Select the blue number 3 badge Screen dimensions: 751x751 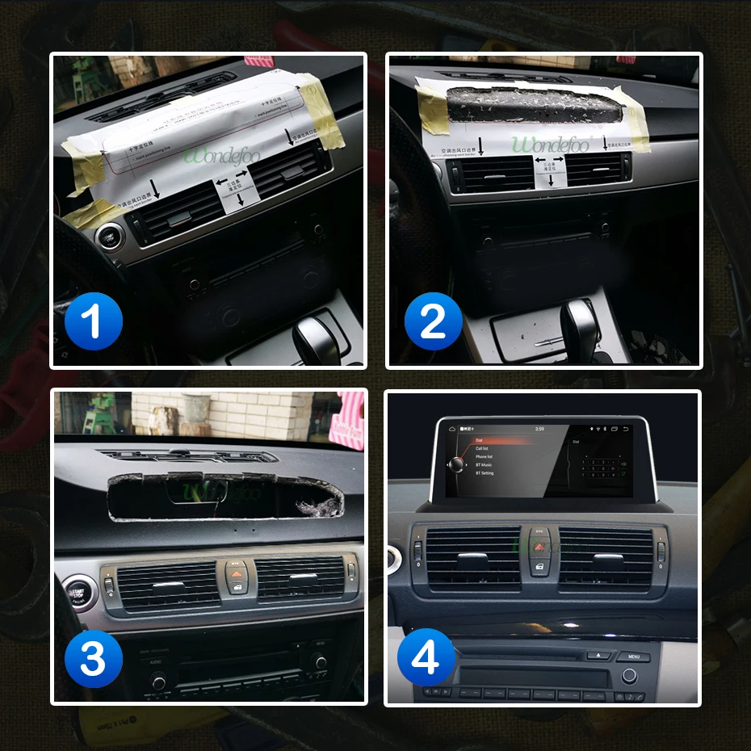click(x=93, y=659)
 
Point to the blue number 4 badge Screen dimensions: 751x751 click(x=426, y=659)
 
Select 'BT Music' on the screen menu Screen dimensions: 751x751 click(x=485, y=465)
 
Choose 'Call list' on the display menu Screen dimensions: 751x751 click(x=482, y=448)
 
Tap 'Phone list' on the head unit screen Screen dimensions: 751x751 click(x=484, y=457)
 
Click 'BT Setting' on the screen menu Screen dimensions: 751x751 click(x=485, y=473)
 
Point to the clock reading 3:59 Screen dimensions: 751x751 click(x=539, y=429)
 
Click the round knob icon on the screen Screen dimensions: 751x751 click(x=458, y=464)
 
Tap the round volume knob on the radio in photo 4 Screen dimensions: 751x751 click(x=630, y=675)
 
